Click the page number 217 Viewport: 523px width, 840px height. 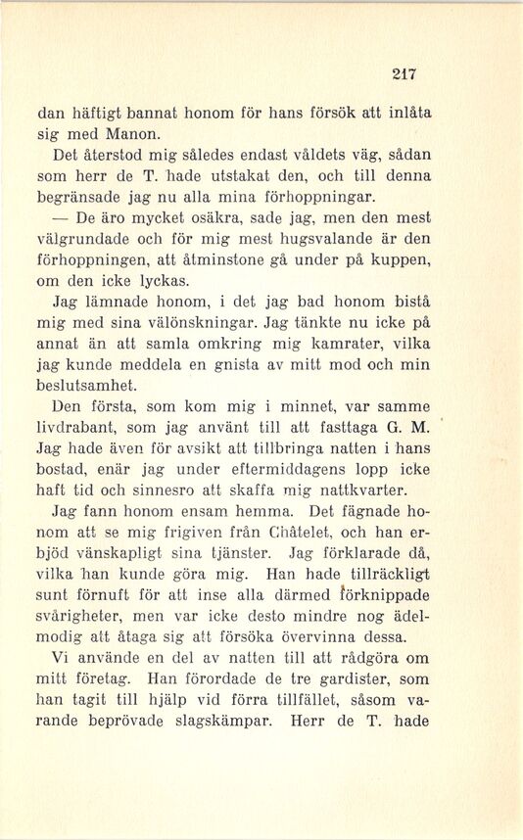(x=404, y=71)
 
